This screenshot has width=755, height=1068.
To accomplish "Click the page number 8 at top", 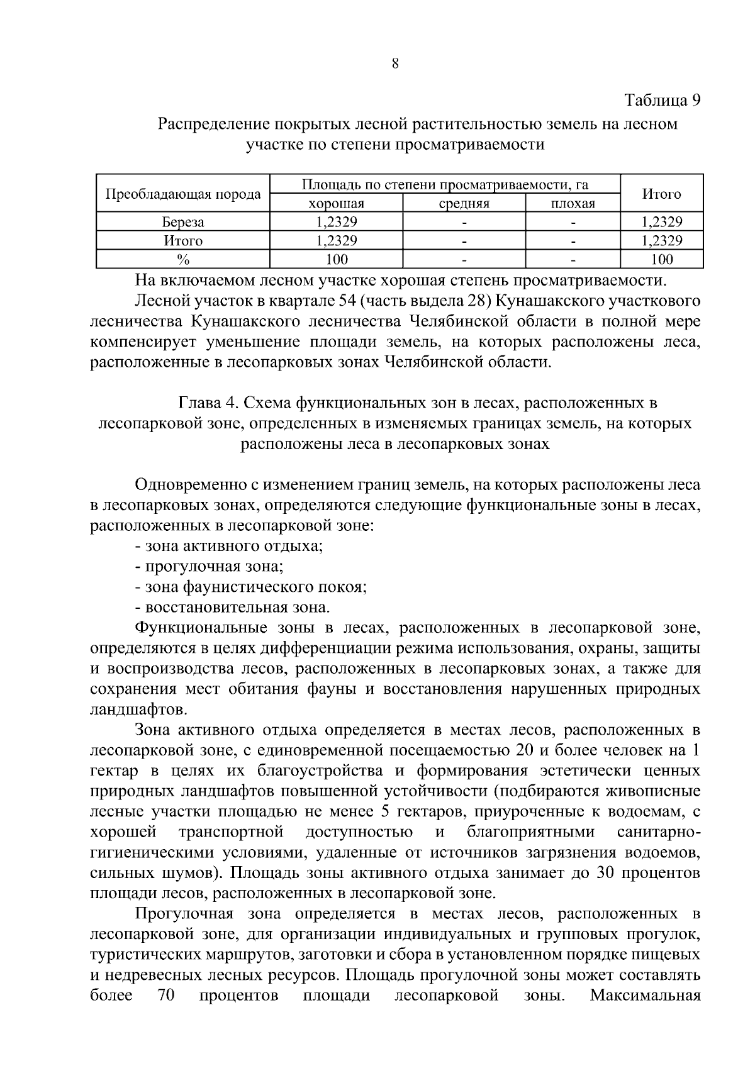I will coord(395,63).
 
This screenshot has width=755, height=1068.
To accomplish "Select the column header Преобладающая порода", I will coord(182,194).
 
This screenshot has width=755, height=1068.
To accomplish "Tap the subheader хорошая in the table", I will coord(336,203).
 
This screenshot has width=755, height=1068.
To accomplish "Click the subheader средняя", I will coord(464,203).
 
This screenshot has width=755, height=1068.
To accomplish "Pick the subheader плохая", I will coord(573,203).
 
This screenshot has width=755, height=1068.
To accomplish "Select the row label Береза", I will coord(182,222).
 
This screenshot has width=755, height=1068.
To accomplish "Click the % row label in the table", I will coord(182,259).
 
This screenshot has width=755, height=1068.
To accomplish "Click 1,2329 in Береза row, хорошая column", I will coord(336,222).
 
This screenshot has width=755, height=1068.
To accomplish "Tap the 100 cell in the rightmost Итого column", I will coord(661,259).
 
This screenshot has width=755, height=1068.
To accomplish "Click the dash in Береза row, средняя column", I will coord(464,222).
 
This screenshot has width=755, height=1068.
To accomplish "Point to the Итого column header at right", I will coord(661,194).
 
